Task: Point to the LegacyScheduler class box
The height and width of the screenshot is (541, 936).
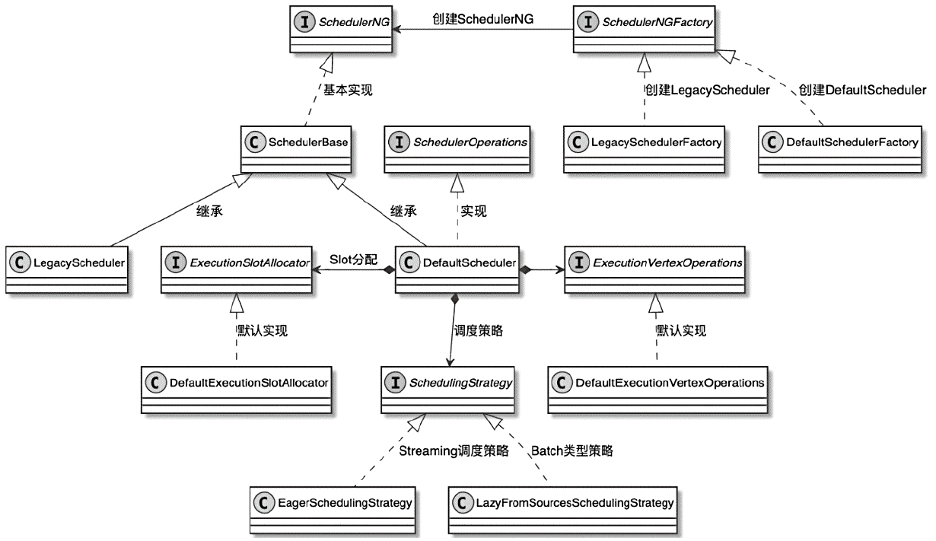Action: [66, 271]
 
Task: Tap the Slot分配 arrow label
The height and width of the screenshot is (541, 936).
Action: [354, 259]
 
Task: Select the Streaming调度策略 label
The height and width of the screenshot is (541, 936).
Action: [454, 450]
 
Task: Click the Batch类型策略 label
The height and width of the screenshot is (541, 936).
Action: [572, 450]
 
